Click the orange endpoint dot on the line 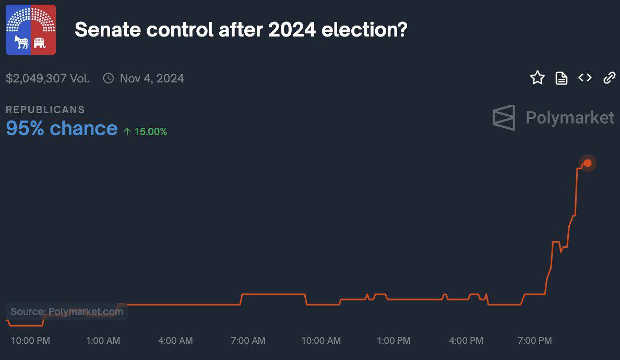588,163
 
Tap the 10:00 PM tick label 30,341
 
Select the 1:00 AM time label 103,341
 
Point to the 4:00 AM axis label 175,341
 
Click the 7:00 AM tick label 248,341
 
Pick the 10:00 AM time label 321,341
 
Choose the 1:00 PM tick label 394,341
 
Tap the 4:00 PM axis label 466,341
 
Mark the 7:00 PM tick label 534,341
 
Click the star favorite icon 538,78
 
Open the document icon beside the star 562,78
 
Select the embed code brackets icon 585,78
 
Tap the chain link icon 609,78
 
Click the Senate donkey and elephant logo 31,30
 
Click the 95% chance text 62,128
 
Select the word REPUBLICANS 45,110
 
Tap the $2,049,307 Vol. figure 47,78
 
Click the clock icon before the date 109,78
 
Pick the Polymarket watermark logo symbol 504,117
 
